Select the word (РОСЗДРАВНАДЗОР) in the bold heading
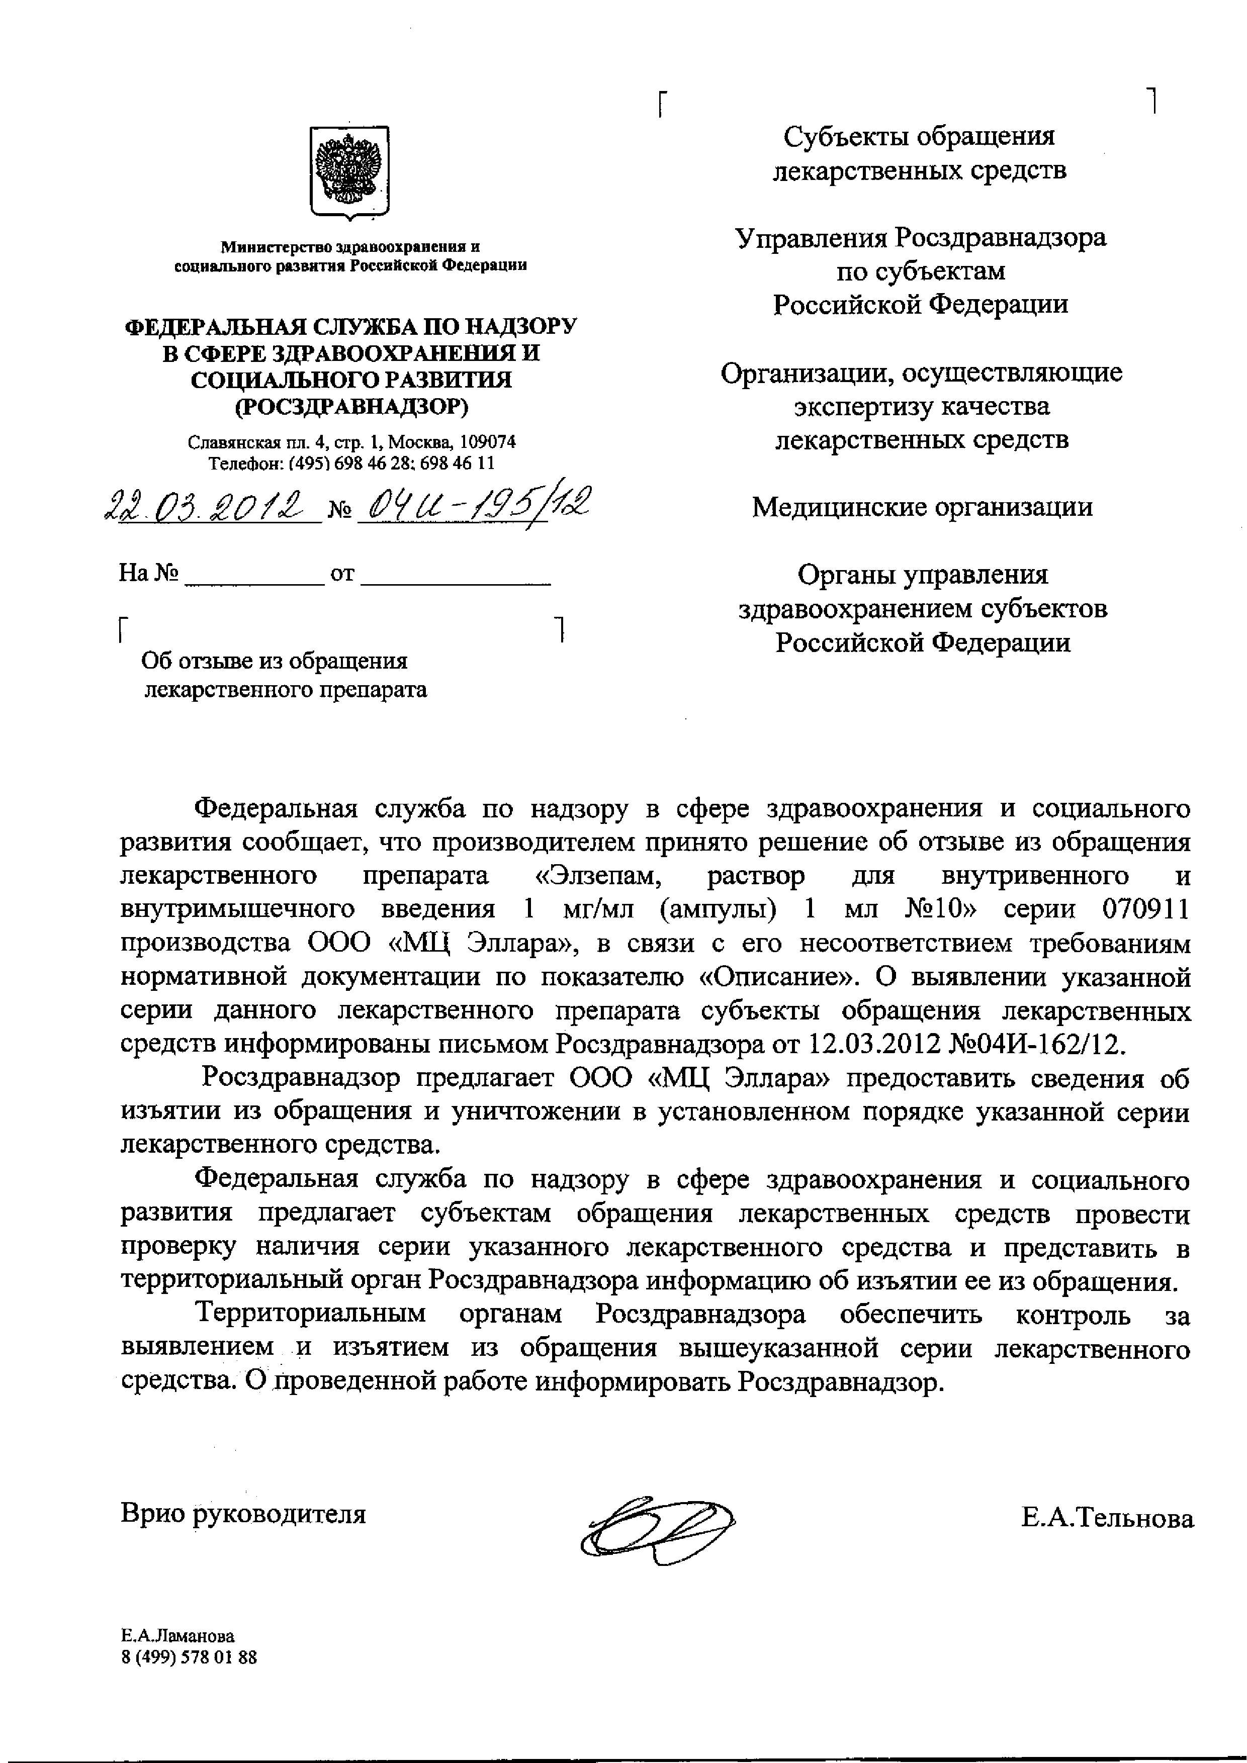(351, 405)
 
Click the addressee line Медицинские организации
(922, 508)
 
